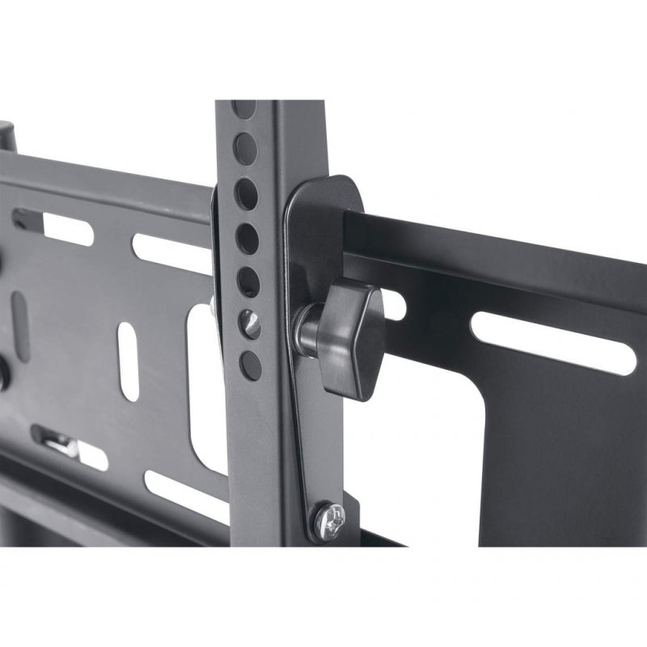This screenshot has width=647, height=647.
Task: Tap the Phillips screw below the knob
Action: coord(329,514)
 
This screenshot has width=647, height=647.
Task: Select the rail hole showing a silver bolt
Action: coord(251,324)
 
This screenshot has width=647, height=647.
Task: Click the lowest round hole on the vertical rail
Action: coord(252,365)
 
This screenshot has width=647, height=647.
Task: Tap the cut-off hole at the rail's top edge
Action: coord(243,108)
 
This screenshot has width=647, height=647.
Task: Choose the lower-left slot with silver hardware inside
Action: coord(69,444)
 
